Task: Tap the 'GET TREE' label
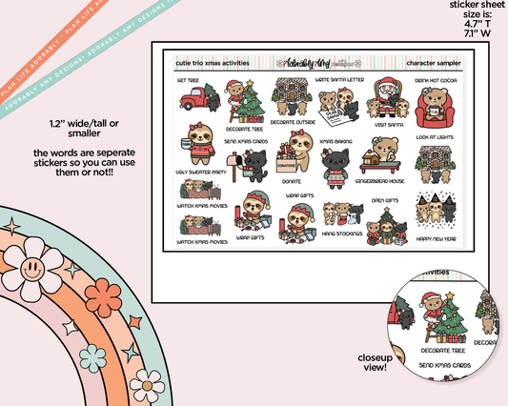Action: point(189,81)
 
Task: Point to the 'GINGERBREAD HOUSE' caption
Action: point(379,178)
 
